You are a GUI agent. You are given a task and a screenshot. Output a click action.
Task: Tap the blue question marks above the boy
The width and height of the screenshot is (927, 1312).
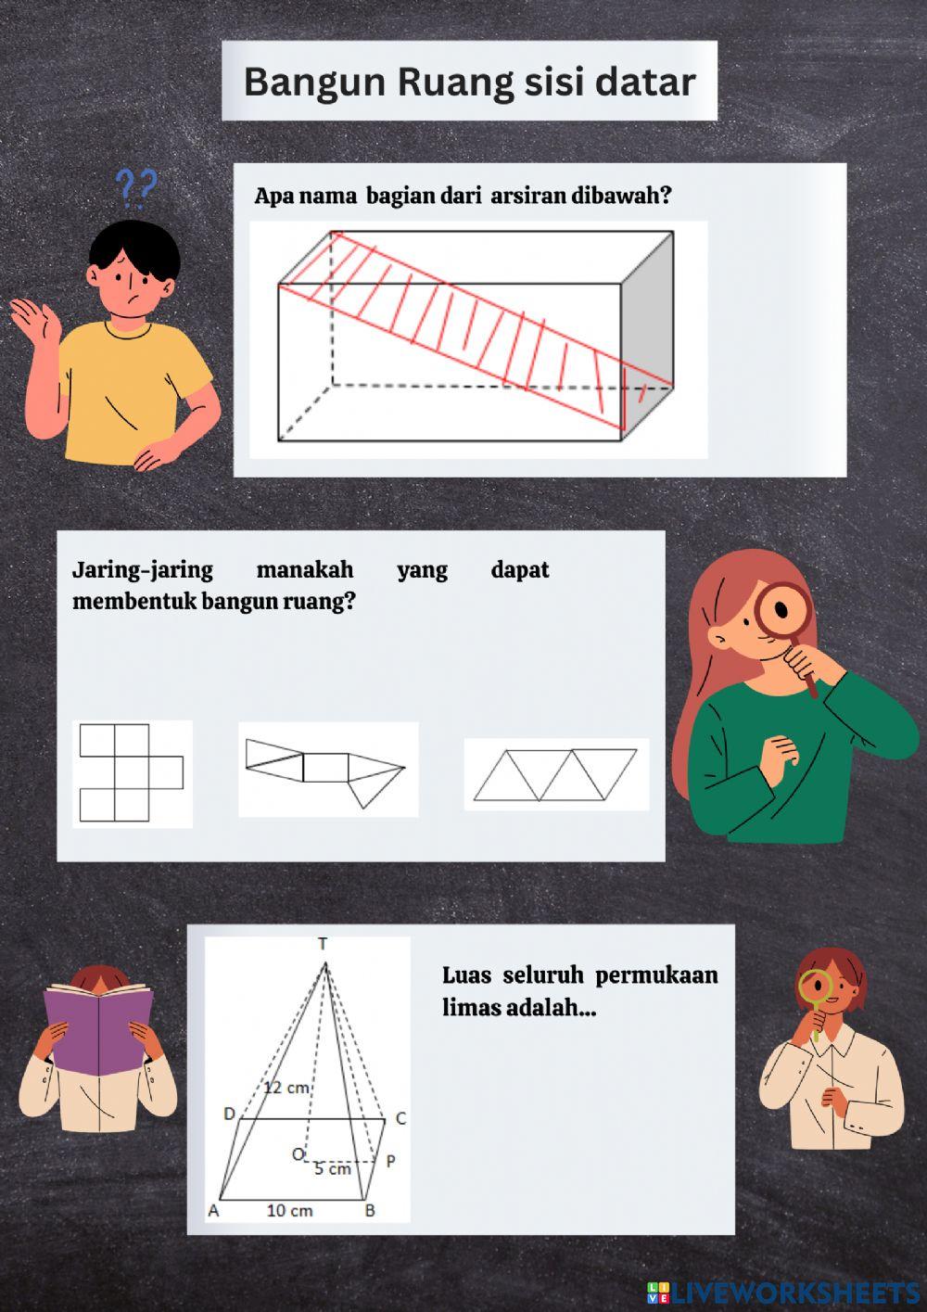(x=136, y=186)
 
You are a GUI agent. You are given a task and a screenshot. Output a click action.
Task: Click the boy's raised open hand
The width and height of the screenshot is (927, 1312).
(x=35, y=325)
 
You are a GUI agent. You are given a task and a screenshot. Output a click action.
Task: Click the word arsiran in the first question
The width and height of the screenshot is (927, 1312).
(x=528, y=197)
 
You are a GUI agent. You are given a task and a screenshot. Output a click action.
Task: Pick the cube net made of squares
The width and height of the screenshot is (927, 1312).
(x=131, y=773)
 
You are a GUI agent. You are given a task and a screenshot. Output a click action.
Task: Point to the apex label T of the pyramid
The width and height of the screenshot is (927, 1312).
(x=323, y=945)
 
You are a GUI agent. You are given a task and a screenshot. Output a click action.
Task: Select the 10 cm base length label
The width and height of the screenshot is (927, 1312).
(x=289, y=1210)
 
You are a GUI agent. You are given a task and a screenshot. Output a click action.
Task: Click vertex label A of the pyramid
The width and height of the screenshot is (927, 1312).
(x=213, y=1211)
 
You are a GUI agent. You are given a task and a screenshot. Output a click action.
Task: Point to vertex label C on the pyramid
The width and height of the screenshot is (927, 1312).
(x=400, y=1118)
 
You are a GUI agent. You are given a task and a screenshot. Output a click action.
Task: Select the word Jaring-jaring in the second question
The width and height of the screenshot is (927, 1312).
(x=142, y=569)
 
